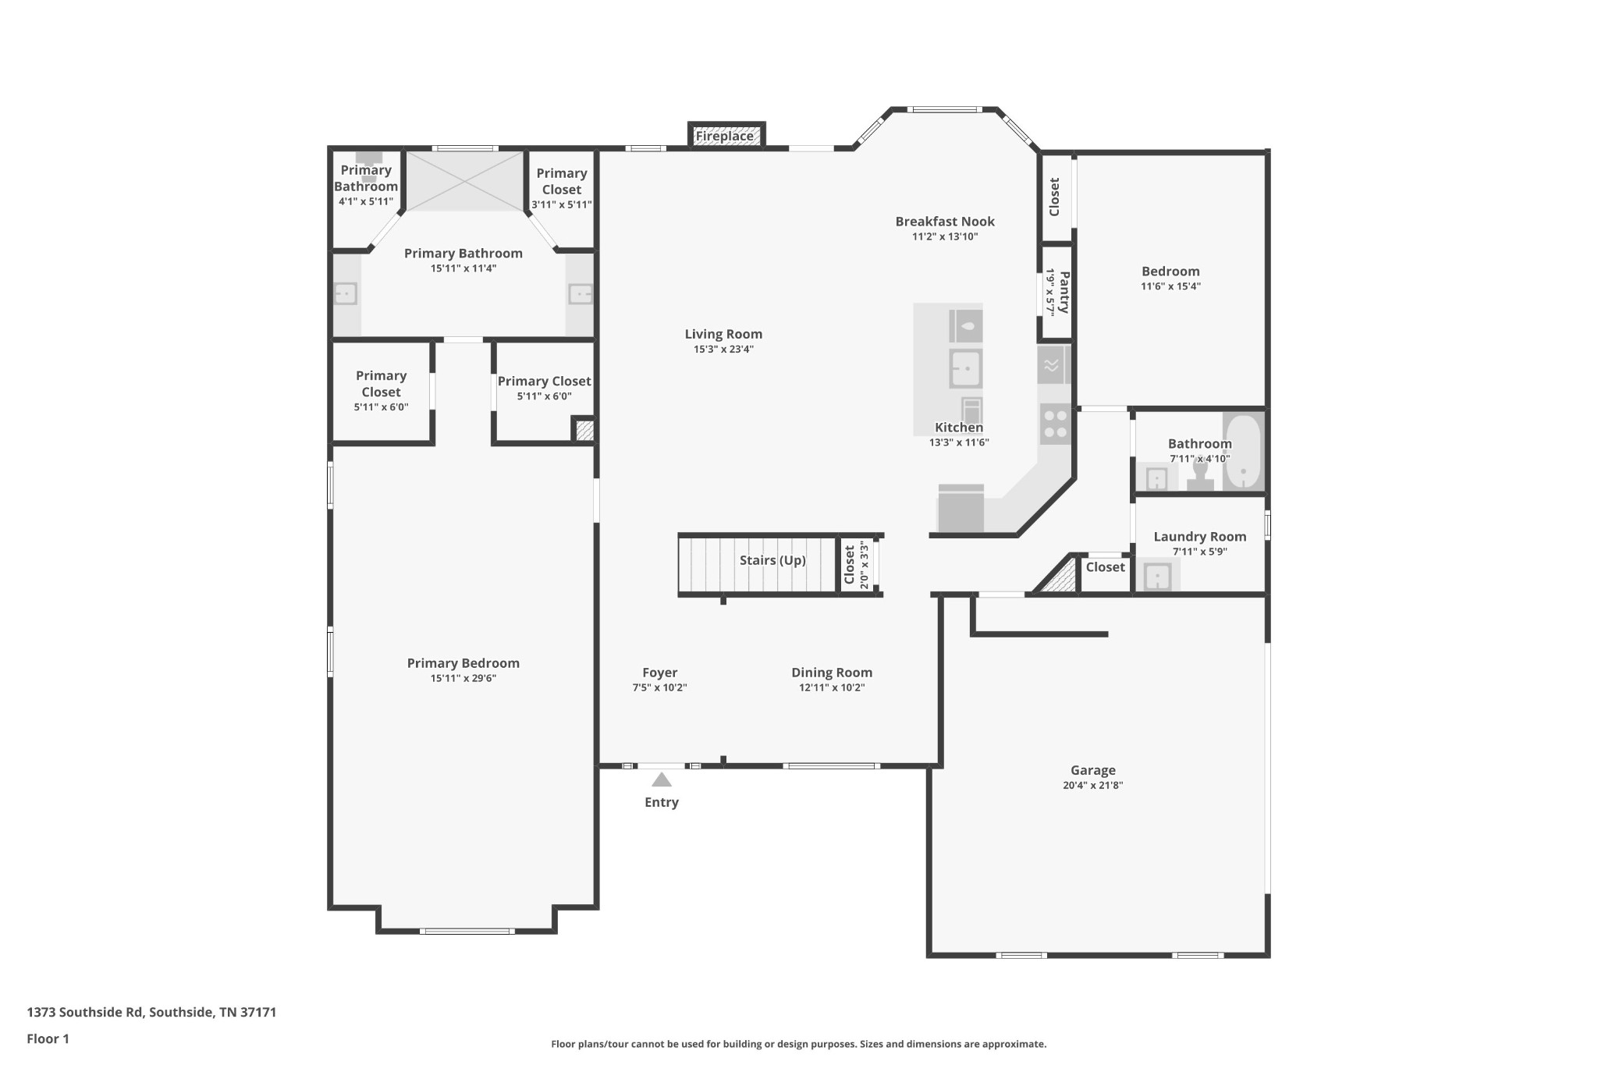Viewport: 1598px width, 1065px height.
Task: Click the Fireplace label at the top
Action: click(725, 137)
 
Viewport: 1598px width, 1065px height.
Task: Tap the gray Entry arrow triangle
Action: click(662, 779)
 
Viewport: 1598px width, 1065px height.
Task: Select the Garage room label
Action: click(1092, 770)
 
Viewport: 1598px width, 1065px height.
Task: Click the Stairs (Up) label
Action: click(772, 560)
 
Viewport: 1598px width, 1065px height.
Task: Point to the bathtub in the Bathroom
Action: click(1242, 451)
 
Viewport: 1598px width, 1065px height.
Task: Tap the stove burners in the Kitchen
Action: click(1055, 424)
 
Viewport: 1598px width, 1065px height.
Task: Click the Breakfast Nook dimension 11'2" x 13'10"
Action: click(945, 236)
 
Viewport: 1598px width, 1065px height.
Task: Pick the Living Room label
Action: click(723, 334)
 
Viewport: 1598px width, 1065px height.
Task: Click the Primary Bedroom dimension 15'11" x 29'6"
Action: click(463, 678)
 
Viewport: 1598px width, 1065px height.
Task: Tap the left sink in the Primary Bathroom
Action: click(346, 294)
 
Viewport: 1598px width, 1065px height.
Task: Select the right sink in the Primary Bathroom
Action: click(580, 294)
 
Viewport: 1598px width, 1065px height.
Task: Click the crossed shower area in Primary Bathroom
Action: click(464, 181)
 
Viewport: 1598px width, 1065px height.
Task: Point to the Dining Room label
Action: click(832, 673)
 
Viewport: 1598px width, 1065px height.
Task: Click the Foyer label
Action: click(659, 673)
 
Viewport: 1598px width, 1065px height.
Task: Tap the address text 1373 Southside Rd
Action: click(86, 1012)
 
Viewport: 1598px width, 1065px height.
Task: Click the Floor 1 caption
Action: click(48, 1038)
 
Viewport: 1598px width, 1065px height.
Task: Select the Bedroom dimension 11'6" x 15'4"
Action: click(1170, 286)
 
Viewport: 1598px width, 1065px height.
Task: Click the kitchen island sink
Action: click(965, 368)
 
